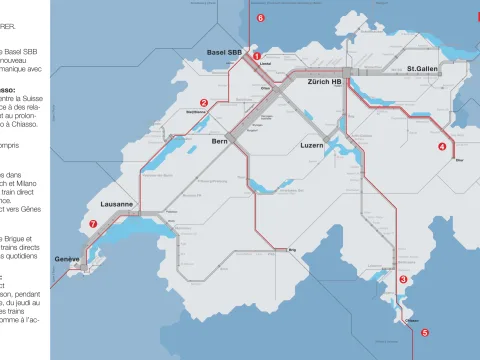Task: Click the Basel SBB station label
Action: tap(224, 51)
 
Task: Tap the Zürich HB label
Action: tap(325, 81)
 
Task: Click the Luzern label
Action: tap(313, 146)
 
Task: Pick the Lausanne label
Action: tap(116, 204)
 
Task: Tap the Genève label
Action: tap(67, 259)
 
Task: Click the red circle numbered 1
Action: tap(257, 57)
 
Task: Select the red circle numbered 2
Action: tap(204, 102)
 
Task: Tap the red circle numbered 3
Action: tap(403, 280)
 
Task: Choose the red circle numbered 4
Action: tap(442, 146)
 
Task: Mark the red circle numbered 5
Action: tap(424, 333)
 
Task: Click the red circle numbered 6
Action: tap(260, 18)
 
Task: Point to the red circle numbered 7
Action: tap(93, 225)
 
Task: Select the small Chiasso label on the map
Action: tap(410, 321)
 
